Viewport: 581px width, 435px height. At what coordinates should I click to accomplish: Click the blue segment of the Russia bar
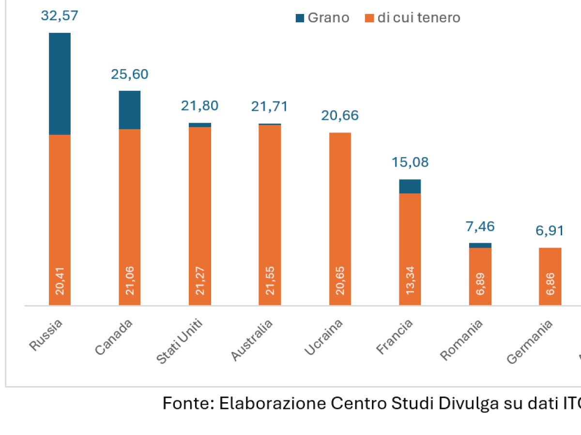pos(60,84)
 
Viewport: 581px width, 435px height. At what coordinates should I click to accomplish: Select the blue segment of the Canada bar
pos(130,110)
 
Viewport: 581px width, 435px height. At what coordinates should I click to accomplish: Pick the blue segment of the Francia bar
pos(410,186)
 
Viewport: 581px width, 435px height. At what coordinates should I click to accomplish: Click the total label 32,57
pos(60,16)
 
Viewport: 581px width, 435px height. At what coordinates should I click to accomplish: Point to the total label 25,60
pos(130,74)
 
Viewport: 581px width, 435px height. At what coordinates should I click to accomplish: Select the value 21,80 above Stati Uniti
pos(199,106)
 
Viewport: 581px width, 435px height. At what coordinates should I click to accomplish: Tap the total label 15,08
pos(410,162)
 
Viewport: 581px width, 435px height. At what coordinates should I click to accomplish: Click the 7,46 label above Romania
pos(480,226)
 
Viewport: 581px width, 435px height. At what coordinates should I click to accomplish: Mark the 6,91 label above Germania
pos(550,231)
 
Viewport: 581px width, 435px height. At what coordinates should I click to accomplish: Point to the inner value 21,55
pos(270,282)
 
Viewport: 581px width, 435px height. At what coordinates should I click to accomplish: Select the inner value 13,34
pos(410,282)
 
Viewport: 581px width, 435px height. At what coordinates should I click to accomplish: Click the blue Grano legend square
pos(300,18)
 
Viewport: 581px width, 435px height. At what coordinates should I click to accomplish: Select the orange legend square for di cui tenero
pos(369,18)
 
